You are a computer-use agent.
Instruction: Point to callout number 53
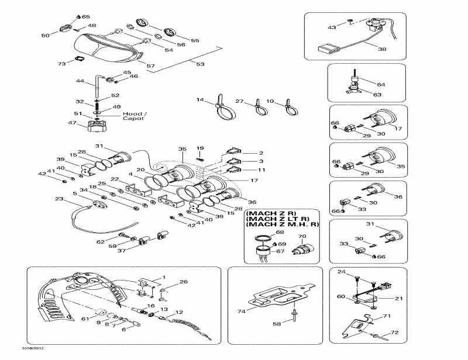point(200,64)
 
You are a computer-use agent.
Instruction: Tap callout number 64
point(381,85)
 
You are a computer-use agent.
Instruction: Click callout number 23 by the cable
point(58,199)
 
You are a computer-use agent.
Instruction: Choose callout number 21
point(399,299)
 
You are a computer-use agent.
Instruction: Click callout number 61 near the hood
point(85,319)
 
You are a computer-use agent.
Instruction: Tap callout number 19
point(200,148)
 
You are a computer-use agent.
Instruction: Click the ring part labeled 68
point(263,237)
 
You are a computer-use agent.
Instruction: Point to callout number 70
point(302,237)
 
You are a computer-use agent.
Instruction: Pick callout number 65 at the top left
point(86,17)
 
